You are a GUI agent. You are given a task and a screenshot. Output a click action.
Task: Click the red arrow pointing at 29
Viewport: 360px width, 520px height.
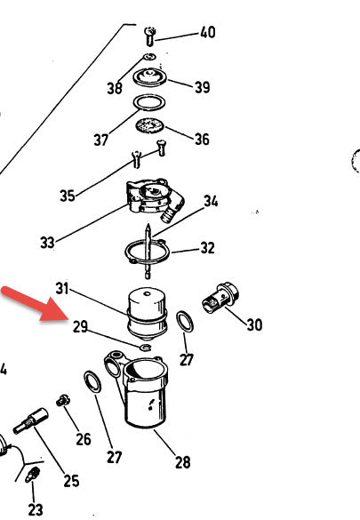[x=36, y=304]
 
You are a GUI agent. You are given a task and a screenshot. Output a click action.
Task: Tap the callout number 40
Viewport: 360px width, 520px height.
[x=207, y=33]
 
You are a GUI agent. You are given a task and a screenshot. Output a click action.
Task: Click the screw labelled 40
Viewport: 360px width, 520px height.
[x=150, y=36]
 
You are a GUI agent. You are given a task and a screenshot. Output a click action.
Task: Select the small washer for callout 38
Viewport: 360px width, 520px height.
[x=150, y=57]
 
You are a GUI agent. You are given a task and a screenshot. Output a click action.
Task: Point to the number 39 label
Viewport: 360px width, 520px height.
[x=202, y=87]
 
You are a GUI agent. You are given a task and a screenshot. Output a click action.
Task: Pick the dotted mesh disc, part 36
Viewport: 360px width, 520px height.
[x=150, y=125]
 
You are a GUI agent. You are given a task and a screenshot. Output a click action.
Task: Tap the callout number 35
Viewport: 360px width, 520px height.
[x=68, y=196]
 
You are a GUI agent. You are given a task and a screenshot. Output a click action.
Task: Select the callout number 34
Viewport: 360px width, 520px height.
[x=211, y=201]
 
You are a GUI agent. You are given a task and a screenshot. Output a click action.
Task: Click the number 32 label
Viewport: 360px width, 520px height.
[x=207, y=248]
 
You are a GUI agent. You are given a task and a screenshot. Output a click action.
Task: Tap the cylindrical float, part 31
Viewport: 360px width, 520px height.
[x=147, y=314]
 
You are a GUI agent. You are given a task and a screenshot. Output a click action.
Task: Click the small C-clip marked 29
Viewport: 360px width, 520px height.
[x=146, y=348]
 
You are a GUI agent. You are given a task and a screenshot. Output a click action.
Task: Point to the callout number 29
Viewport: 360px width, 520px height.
[x=80, y=327]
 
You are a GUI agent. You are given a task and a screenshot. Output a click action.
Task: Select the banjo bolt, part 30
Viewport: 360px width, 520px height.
[x=220, y=298]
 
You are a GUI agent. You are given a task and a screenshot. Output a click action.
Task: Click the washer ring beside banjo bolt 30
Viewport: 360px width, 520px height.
[x=185, y=322]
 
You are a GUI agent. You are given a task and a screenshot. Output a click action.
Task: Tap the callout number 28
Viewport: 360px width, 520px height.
[x=182, y=462]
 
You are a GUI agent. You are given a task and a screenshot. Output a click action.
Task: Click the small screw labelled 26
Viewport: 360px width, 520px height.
[x=62, y=401]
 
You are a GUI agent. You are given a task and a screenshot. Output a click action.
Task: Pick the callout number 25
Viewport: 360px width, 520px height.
[x=72, y=481]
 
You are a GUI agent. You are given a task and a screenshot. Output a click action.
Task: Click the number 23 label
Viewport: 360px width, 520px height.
[x=36, y=509]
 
